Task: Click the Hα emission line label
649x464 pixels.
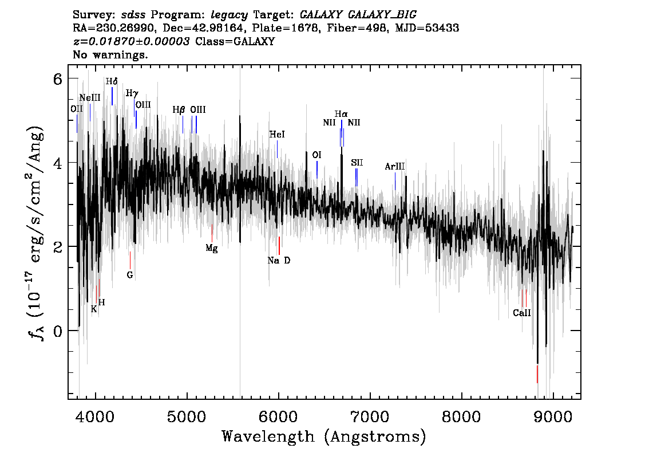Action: pyautogui.click(x=341, y=115)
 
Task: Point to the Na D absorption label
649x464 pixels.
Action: pyautogui.click(x=279, y=261)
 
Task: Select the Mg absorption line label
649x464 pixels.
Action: pyautogui.click(x=212, y=249)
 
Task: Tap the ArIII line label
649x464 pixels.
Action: pyautogui.click(x=395, y=167)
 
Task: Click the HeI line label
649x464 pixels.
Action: pyautogui.click(x=277, y=135)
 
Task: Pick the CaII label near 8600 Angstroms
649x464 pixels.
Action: pyautogui.click(x=522, y=313)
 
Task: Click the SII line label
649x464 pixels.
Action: pyautogui.click(x=357, y=163)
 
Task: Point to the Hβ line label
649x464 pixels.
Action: pyautogui.click(x=179, y=110)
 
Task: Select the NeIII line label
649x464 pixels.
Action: pyautogui.click(x=90, y=98)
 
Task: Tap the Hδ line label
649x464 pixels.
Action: pyautogui.click(x=112, y=81)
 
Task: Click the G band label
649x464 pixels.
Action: pyautogui.click(x=130, y=275)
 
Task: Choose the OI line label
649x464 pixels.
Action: pyautogui.click(x=316, y=155)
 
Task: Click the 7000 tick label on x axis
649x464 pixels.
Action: pyautogui.click(x=370, y=414)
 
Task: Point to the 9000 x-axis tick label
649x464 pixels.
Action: pyautogui.click(x=553, y=414)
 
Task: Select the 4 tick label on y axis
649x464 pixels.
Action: pyautogui.click(x=57, y=163)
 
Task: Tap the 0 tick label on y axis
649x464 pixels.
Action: pyautogui.click(x=57, y=331)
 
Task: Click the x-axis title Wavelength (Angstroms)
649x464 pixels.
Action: pyautogui.click(x=324, y=437)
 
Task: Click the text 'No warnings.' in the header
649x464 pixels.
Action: pyautogui.click(x=110, y=56)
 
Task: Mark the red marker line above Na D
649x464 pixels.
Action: pyautogui.click(x=279, y=245)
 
